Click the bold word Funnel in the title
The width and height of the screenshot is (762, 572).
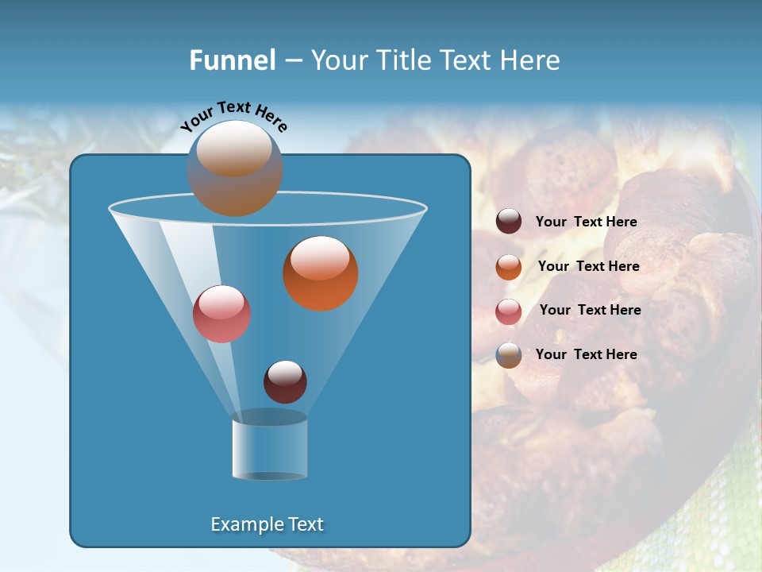coord(232,60)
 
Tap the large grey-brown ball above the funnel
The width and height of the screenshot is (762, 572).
coord(235,168)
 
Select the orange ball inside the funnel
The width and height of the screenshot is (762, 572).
coord(321,274)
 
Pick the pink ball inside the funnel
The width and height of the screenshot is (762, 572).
coord(221,314)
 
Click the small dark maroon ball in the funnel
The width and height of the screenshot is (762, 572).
coord(285,382)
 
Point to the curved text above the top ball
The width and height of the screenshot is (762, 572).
coord(233,115)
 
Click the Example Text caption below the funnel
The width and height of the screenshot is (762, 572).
coord(267,524)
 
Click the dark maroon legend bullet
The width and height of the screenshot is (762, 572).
coord(509,222)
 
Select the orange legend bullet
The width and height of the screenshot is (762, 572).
coord(509,267)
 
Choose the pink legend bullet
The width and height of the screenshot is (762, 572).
coord(509,311)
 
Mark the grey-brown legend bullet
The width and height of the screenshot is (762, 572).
coord(509,355)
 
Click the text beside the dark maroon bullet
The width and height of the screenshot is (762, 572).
coord(586,222)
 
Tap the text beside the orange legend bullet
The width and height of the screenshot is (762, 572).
coord(588,267)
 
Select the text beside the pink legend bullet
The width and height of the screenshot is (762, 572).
coord(590,311)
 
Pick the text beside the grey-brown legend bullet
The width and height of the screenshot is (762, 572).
coord(586,355)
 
